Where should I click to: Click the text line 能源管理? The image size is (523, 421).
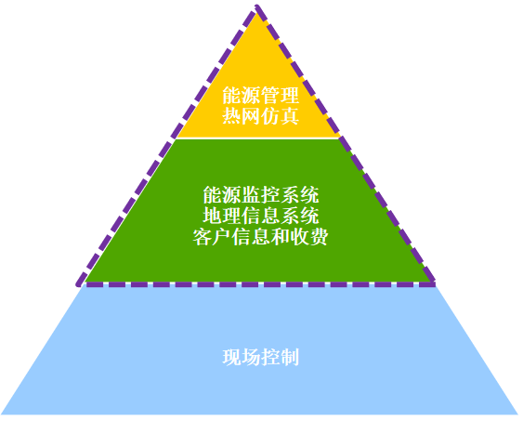(260, 96)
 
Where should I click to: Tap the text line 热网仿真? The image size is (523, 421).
(260, 116)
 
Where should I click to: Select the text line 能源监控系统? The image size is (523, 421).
(261, 195)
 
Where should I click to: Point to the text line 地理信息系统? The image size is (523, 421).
(261, 216)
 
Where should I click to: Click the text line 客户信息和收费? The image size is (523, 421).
(260, 236)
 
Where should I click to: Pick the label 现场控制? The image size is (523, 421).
(260, 357)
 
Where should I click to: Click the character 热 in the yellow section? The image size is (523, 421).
(232, 116)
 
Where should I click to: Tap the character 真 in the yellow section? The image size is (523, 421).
(290, 116)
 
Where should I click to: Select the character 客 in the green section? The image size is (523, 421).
(203, 236)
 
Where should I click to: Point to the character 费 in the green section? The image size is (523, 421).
(319, 236)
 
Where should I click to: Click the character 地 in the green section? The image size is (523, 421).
(213, 216)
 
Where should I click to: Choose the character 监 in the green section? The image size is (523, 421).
(251, 195)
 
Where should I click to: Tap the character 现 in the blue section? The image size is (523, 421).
(232, 357)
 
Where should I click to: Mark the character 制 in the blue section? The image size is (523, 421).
(290, 357)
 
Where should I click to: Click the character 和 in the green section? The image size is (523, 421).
(281, 236)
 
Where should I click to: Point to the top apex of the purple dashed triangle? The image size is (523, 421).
(256, 6)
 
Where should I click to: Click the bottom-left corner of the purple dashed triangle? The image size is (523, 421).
(78, 284)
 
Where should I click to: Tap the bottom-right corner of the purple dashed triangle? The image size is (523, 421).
(433, 284)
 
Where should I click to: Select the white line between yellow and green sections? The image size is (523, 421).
(257, 138)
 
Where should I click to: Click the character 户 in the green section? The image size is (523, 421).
(222, 236)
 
